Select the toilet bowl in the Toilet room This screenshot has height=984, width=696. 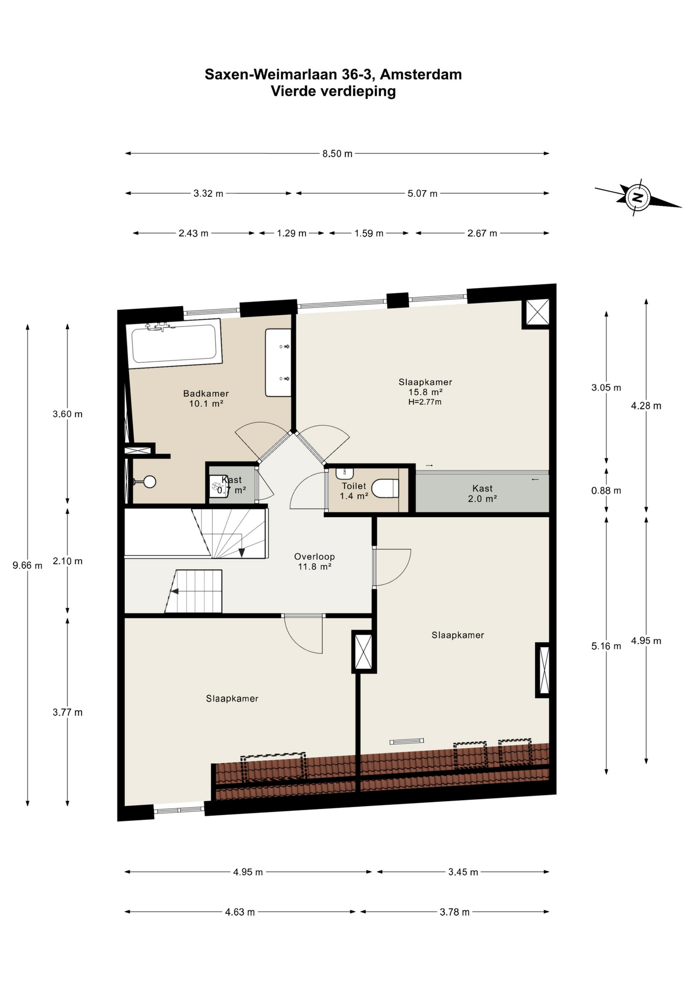(385, 488)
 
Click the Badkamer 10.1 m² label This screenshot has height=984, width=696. (206, 398)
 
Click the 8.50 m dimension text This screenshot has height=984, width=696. (337, 154)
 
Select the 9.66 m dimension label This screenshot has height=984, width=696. (28, 565)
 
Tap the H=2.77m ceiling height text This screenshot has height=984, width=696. (425, 402)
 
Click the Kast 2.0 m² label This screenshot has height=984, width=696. (482, 494)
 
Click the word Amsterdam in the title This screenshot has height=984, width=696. (421, 74)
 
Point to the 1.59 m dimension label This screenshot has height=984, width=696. (369, 234)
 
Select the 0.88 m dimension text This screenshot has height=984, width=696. (606, 490)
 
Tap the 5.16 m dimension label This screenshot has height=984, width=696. (606, 646)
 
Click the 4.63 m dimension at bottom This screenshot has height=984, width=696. (240, 912)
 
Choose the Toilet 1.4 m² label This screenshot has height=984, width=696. (354, 491)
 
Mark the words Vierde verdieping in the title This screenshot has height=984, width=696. (333, 91)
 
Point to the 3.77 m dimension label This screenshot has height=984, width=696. (68, 712)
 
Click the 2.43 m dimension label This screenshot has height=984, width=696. (193, 234)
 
